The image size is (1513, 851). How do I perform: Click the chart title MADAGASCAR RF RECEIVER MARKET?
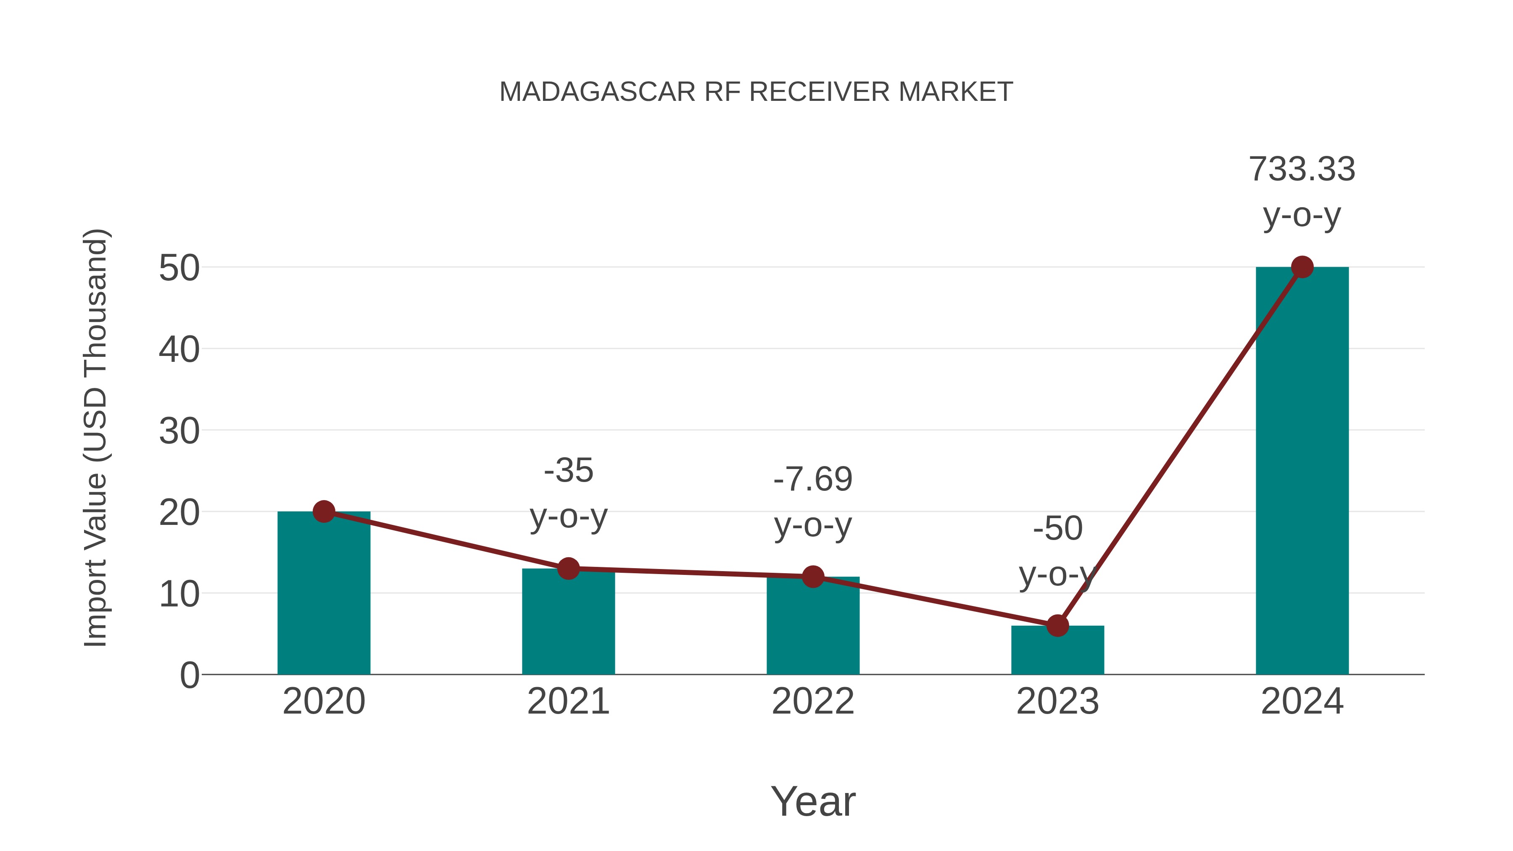(x=756, y=92)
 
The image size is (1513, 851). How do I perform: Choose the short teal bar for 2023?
(x=1057, y=652)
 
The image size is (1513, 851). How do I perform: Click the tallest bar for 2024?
(x=1302, y=470)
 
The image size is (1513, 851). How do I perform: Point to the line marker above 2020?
(x=324, y=511)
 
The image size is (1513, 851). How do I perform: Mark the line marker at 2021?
(x=568, y=569)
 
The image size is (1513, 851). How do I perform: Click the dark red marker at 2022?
(x=812, y=577)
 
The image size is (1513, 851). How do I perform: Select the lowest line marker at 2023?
(x=1057, y=625)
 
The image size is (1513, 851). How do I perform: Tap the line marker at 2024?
(x=1302, y=267)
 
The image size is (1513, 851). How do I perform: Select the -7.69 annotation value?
(x=812, y=479)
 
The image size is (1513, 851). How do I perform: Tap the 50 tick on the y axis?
(x=179, y=269)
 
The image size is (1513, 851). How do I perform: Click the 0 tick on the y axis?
(x=190, y=675)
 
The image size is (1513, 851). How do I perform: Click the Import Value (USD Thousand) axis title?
(x=95, y=437)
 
